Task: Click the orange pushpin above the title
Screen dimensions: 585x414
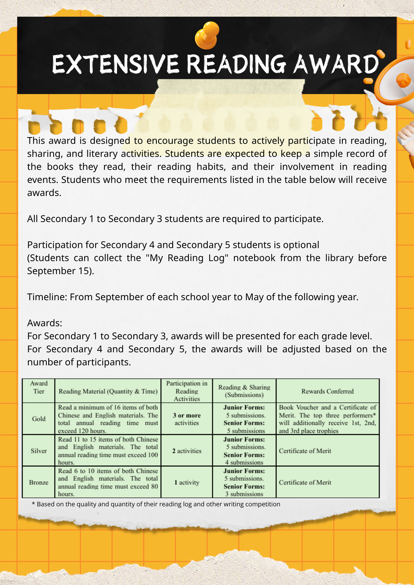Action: (x=207, y=35)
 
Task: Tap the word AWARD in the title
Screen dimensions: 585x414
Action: (x=336, y=64)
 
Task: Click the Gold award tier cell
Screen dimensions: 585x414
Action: (x=39, y=419)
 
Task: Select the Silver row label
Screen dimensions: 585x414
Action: (x=39, y=451)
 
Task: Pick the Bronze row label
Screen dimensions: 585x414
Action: (x=39, y=482)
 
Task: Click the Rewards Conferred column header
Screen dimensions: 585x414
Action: (x=327, y=391)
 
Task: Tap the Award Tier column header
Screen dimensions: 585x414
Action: (x=39, y=387)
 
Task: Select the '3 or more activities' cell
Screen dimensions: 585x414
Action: (x=187, y=419)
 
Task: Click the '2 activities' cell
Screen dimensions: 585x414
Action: (x=187, y=451)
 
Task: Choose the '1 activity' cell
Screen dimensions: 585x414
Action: (x=187, y=482)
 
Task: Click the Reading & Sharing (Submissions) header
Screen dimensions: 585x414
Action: (x=244, y=391)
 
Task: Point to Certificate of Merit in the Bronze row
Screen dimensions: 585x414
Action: (x=305, y=482)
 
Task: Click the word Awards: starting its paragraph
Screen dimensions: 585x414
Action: (x=45, y=323)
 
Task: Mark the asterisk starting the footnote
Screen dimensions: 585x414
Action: (x=33, y=504)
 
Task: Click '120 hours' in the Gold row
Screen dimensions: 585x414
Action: (x=93, y=431)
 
